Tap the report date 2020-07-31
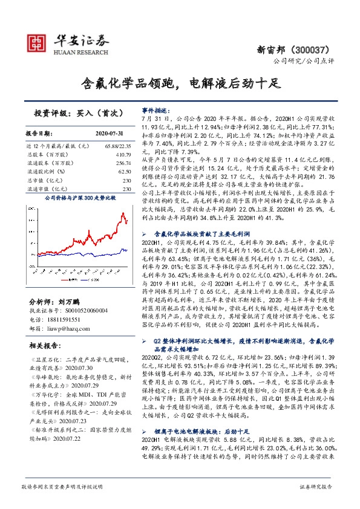tap(110, 133)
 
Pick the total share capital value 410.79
tap(123, 155)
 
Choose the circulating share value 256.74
tap(123, 163)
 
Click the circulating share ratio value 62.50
tap(125, 172)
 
